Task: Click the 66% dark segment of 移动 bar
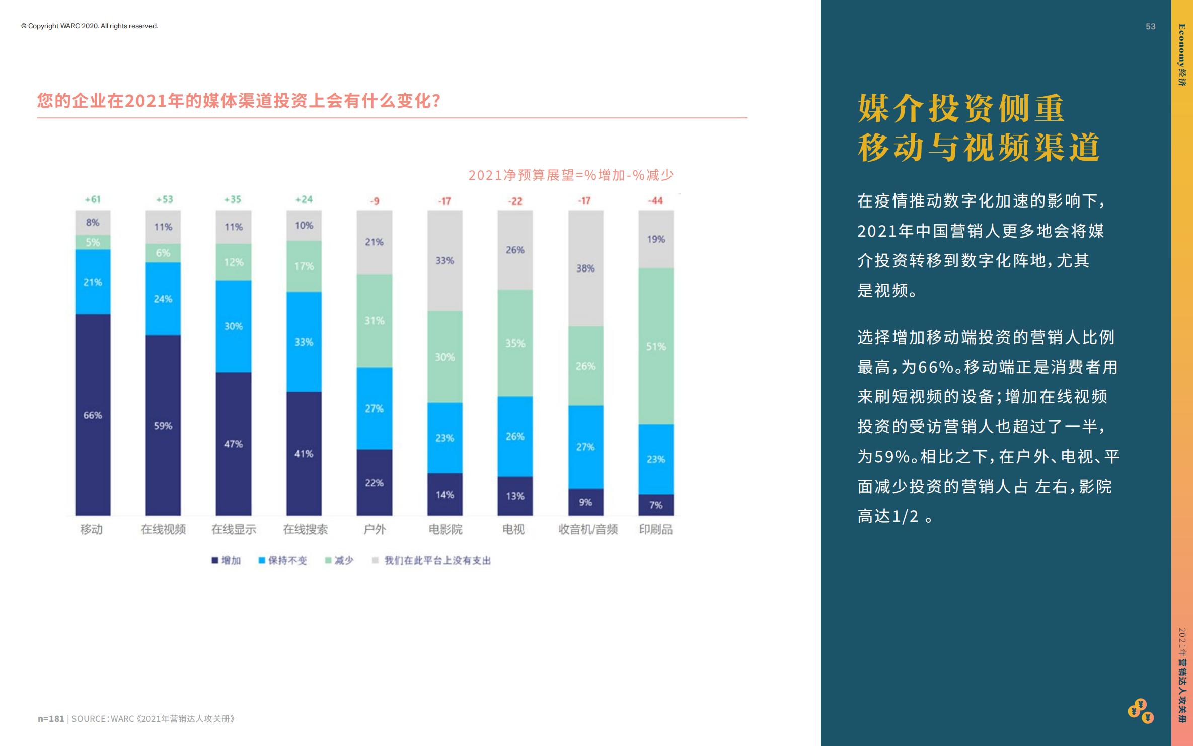point(93,414)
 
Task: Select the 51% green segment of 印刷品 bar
point(656,346)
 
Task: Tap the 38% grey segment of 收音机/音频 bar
point(585,268)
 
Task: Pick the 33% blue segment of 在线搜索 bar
point(304,342)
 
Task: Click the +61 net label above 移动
point(93,199)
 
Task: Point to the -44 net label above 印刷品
point(655,200)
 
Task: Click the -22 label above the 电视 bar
point(515,201)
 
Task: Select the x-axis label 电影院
point(445,529)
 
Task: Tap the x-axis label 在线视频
point(163,529)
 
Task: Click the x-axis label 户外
point(375,529)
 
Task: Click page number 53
point(1150,26)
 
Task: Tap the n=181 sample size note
point(51,719)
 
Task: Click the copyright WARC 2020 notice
point(90,26)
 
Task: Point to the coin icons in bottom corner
point(1141,711)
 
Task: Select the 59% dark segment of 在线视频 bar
point(163,425)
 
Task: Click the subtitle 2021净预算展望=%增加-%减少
point(570,175)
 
